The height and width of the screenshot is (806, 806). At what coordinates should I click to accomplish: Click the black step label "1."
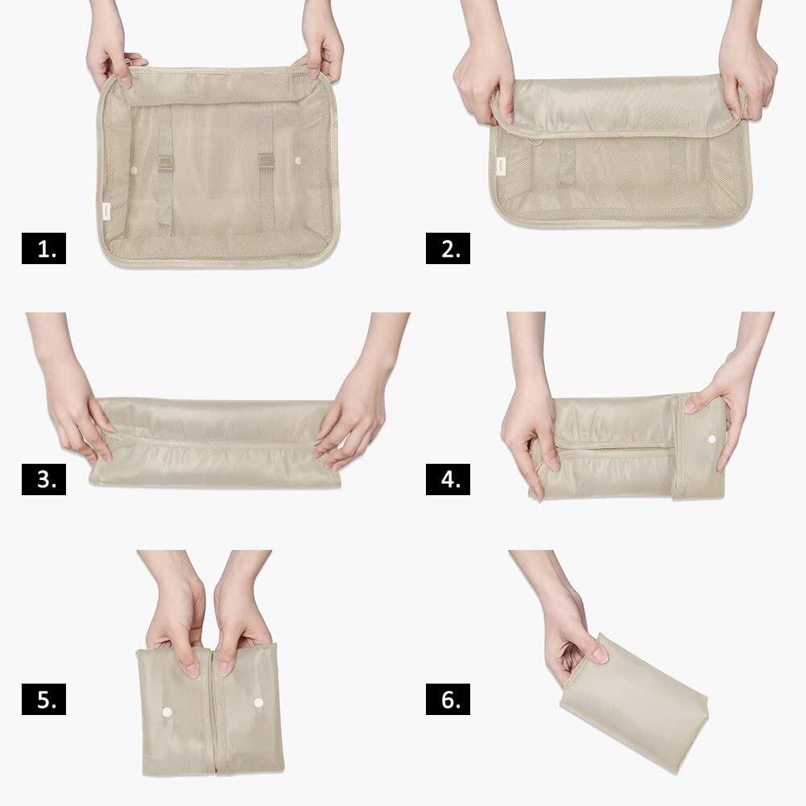click(x=43, y=248)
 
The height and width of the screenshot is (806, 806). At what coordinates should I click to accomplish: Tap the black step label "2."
click(x=448, y=248)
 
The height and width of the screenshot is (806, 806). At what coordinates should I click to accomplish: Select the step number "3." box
click(x=43, y=479)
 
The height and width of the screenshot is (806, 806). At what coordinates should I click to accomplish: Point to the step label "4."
click(x=448, y=479)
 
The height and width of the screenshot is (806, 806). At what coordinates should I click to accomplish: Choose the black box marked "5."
click(x=43, y=699)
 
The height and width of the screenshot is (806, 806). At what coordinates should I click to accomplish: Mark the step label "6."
click(x=448, y=699)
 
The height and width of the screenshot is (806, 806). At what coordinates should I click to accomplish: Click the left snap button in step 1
click(x=134, y=170)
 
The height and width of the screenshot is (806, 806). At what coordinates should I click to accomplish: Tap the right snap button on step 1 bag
click(x=298, y=161)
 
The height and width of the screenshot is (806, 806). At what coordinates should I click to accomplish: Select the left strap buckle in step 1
click(x=164, y=163)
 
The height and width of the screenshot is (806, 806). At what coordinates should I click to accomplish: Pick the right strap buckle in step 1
click(x=266, y=161)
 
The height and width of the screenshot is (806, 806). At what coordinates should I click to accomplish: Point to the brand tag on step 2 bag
click(x=501, y=166)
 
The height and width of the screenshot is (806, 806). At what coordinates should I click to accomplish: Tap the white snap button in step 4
click(x=712, y=439)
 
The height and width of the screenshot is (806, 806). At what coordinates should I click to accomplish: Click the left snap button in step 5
click(x=167, y=712)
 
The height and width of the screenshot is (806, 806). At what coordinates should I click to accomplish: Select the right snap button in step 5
click(x=258, y=702)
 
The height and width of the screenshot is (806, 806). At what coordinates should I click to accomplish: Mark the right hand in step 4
click(x=725, y=406)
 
